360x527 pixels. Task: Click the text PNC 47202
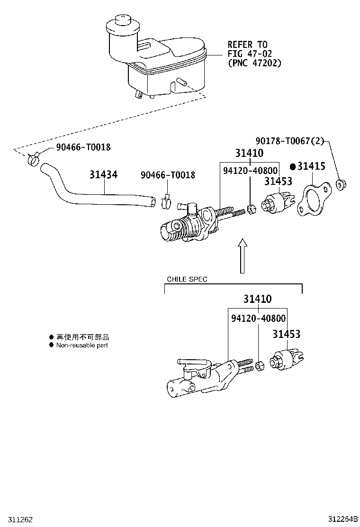(254, 63)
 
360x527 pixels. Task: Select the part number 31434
(103, 175)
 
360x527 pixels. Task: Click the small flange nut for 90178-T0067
(340, 185)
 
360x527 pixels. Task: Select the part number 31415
(311, 166)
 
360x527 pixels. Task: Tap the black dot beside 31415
(293, 167)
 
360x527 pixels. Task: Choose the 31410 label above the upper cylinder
(249, 153)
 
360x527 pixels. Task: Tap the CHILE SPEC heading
(187, 279)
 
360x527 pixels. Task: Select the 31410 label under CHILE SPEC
(258, 299)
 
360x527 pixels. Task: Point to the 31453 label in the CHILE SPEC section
(286, 335)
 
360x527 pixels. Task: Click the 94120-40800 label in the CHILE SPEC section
(258, 318)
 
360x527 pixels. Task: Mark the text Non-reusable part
(82, 345)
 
